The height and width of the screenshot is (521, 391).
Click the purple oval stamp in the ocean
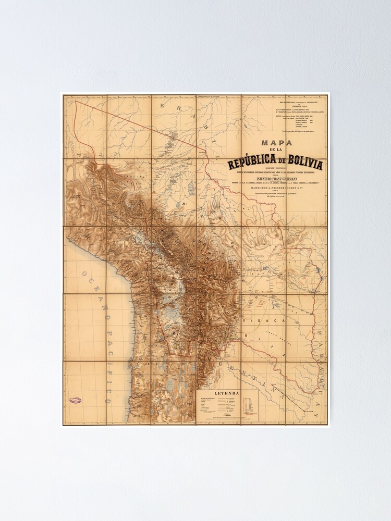coord(76,400)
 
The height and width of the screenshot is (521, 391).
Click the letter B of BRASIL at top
coord(163,106)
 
